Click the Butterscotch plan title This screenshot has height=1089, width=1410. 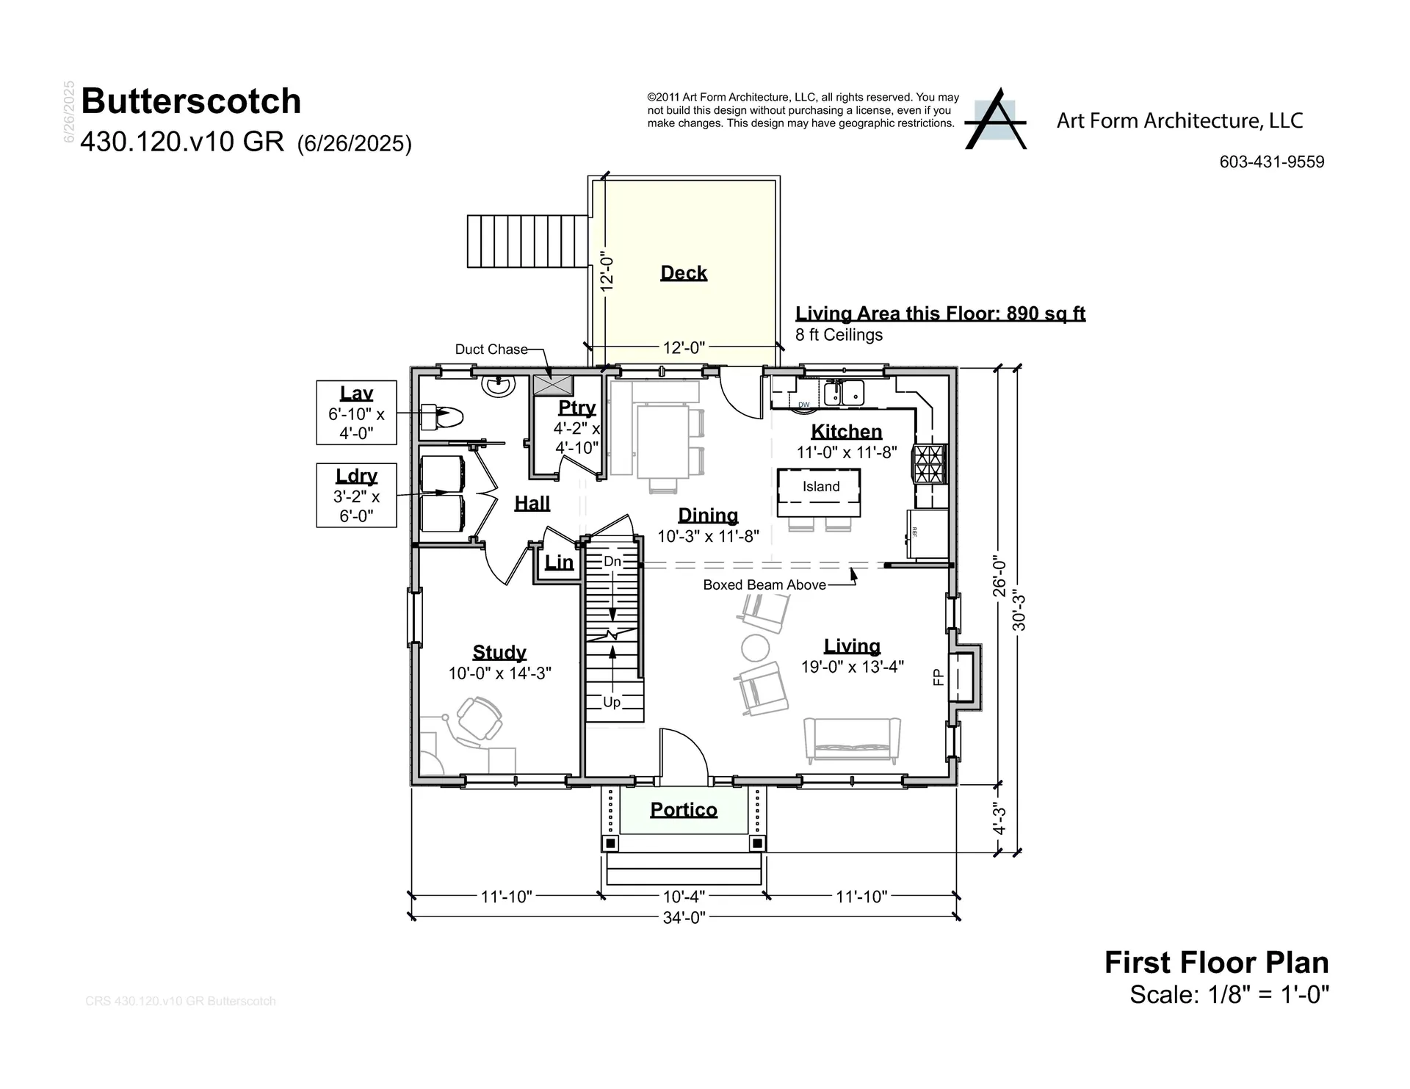[191, 101]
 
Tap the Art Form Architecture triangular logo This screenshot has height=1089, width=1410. [995, 120]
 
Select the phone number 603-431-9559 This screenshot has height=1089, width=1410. [1271, 162]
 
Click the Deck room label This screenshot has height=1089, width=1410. [683, 273]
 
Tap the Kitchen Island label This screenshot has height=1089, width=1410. [820, 487]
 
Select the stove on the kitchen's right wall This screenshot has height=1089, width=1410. [929, 464]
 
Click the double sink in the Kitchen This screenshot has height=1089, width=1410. [843, 393]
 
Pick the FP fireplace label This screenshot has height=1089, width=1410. [938, 677]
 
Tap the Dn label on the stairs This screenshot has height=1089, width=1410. [612, 562]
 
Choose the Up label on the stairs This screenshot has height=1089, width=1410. [611, 702]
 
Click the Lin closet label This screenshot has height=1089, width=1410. [559, 563]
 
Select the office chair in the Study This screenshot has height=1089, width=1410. [480, 719]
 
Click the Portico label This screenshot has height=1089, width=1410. [683, 810]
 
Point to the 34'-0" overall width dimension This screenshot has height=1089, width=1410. [684, 917]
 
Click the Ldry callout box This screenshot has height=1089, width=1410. [356, 495]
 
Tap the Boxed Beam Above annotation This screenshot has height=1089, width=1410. [764, 585]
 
